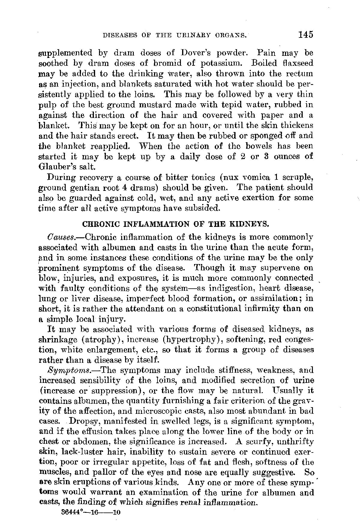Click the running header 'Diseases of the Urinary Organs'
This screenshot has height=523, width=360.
pyautogui.click(x=175, y=35)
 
